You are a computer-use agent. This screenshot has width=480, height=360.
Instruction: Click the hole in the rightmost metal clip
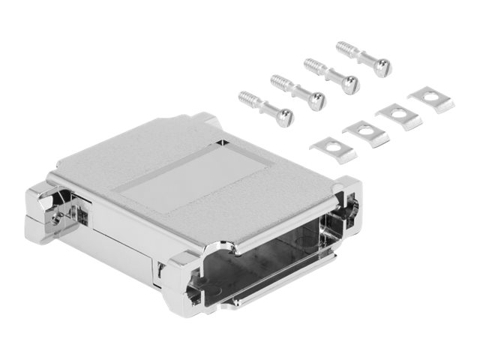point(430,96)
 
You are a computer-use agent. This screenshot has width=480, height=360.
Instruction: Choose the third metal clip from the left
point(398,115)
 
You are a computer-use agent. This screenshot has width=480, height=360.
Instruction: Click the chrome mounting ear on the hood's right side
point(346,201)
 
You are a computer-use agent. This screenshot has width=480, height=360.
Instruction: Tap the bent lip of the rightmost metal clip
point(442,105)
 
